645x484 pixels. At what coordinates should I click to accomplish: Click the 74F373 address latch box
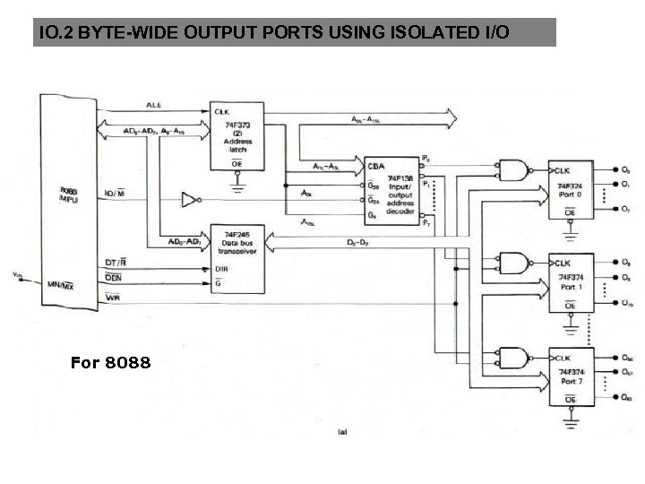point(237,134)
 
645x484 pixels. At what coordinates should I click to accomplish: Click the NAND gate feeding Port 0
point(513,169)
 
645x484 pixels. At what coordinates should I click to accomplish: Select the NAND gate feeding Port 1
point(513,264)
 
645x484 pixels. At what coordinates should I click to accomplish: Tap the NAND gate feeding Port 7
point(513,357)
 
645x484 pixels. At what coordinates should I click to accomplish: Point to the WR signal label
point(114,298)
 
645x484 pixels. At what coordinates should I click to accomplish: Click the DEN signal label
point(114,280)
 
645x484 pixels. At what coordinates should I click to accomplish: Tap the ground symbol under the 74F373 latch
point(237,187)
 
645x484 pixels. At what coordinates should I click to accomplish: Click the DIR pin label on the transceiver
point(220,267)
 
